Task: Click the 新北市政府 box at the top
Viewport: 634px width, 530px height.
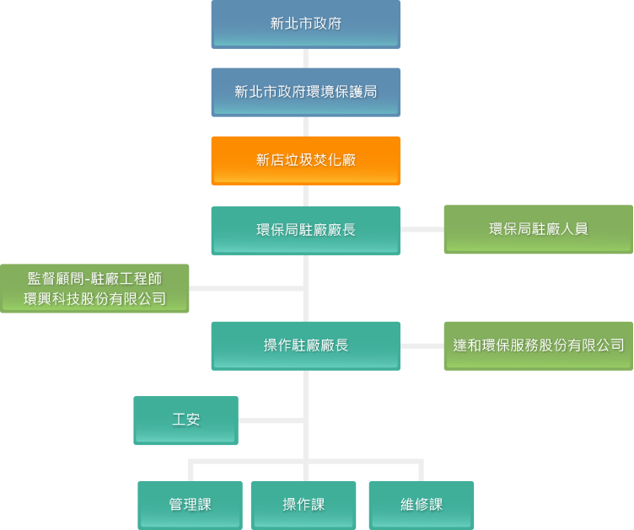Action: coord(305,24)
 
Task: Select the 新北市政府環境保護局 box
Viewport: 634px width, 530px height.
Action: coord(305,92)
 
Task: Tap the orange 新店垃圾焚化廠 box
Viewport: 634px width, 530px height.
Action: coord(305,160)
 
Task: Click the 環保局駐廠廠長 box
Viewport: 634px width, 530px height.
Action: coord(305,230)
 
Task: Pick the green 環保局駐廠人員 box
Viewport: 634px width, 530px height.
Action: coord(538,229)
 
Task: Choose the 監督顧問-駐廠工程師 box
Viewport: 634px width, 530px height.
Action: coord(94,278)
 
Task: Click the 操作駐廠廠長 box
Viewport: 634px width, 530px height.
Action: coord(305,345)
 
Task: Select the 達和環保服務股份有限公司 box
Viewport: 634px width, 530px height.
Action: coord(538,345)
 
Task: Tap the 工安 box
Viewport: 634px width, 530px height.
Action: coord(185,420)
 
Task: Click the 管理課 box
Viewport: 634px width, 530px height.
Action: coord(190,505)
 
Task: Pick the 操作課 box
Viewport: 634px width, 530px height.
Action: coord(304,505)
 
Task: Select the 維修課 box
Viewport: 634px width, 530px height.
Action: coord(421,505)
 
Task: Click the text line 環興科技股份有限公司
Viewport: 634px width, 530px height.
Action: coord(94,299)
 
